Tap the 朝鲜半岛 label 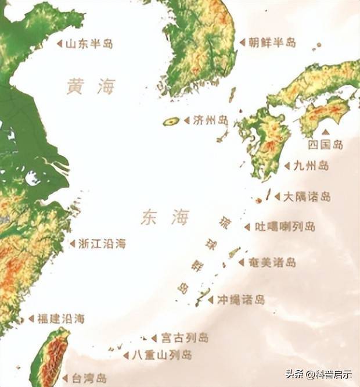[x=271, y=42]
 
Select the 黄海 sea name [x=91, y=87]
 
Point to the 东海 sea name [x=165, y=217]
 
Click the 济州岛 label [x=210, y=120]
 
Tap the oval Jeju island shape [x=171, y=121]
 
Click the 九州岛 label [x=311, y=166]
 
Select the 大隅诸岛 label [x=307, y=196]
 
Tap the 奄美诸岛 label [x=272, y=262]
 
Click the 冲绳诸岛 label [x=241, y=300]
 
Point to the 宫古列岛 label [x=184, y=338]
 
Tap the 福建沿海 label [x=60, y=318]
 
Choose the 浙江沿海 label [x=102, y=244]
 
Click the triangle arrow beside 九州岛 [x=286, y=166]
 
